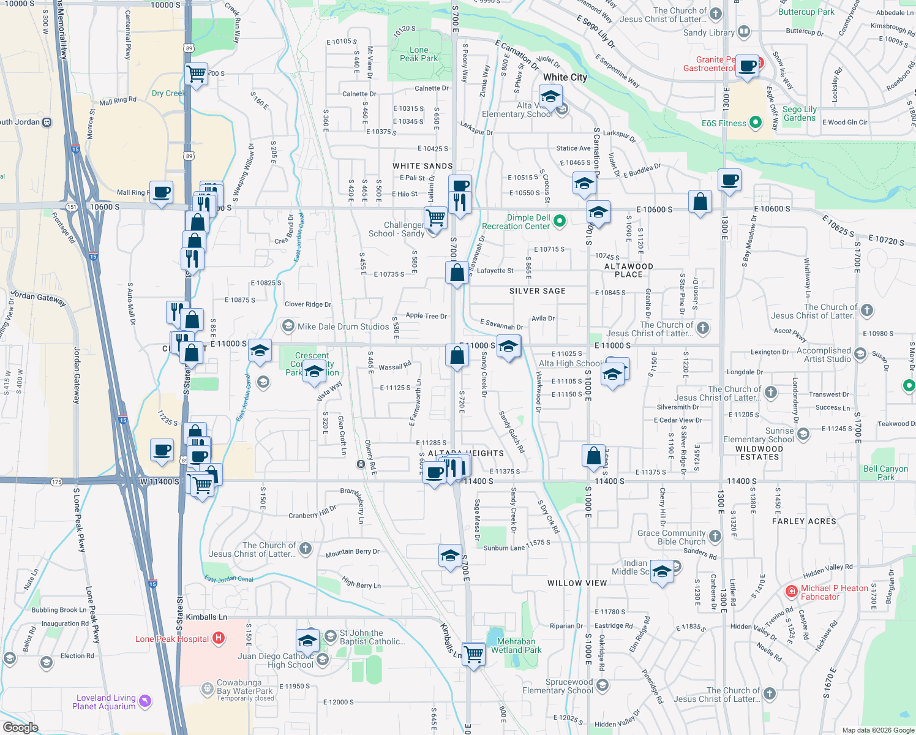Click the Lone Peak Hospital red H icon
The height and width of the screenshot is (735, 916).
pos(218,638)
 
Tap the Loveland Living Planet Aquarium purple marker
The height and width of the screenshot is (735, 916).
pos(145,701)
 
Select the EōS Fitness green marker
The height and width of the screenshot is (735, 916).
pos(756,123)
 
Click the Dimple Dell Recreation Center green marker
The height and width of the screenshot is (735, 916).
pos(559,221)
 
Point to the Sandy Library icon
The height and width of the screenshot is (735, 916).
pos(744,31)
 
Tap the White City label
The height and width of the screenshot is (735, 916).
pos(565,77)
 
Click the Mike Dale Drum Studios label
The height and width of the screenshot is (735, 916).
pos(343,326)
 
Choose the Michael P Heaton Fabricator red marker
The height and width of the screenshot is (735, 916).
pos(791,592)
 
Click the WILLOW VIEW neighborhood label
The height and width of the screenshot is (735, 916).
pos(577,583)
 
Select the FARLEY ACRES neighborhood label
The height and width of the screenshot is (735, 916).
pos(804,521)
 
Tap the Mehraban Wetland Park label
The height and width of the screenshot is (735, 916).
pos(516,646)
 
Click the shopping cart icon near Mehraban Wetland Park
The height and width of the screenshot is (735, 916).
pos(473,654)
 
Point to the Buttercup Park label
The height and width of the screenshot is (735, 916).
pos(806,12)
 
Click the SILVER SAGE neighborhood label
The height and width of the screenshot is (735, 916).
pos(537,291)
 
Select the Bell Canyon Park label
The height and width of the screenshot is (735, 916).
pos(885,473)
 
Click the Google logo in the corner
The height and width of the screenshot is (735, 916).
pos(20,728)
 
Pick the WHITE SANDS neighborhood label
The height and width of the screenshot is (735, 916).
pos(422,166)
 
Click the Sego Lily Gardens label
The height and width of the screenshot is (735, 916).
pos(800,113)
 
